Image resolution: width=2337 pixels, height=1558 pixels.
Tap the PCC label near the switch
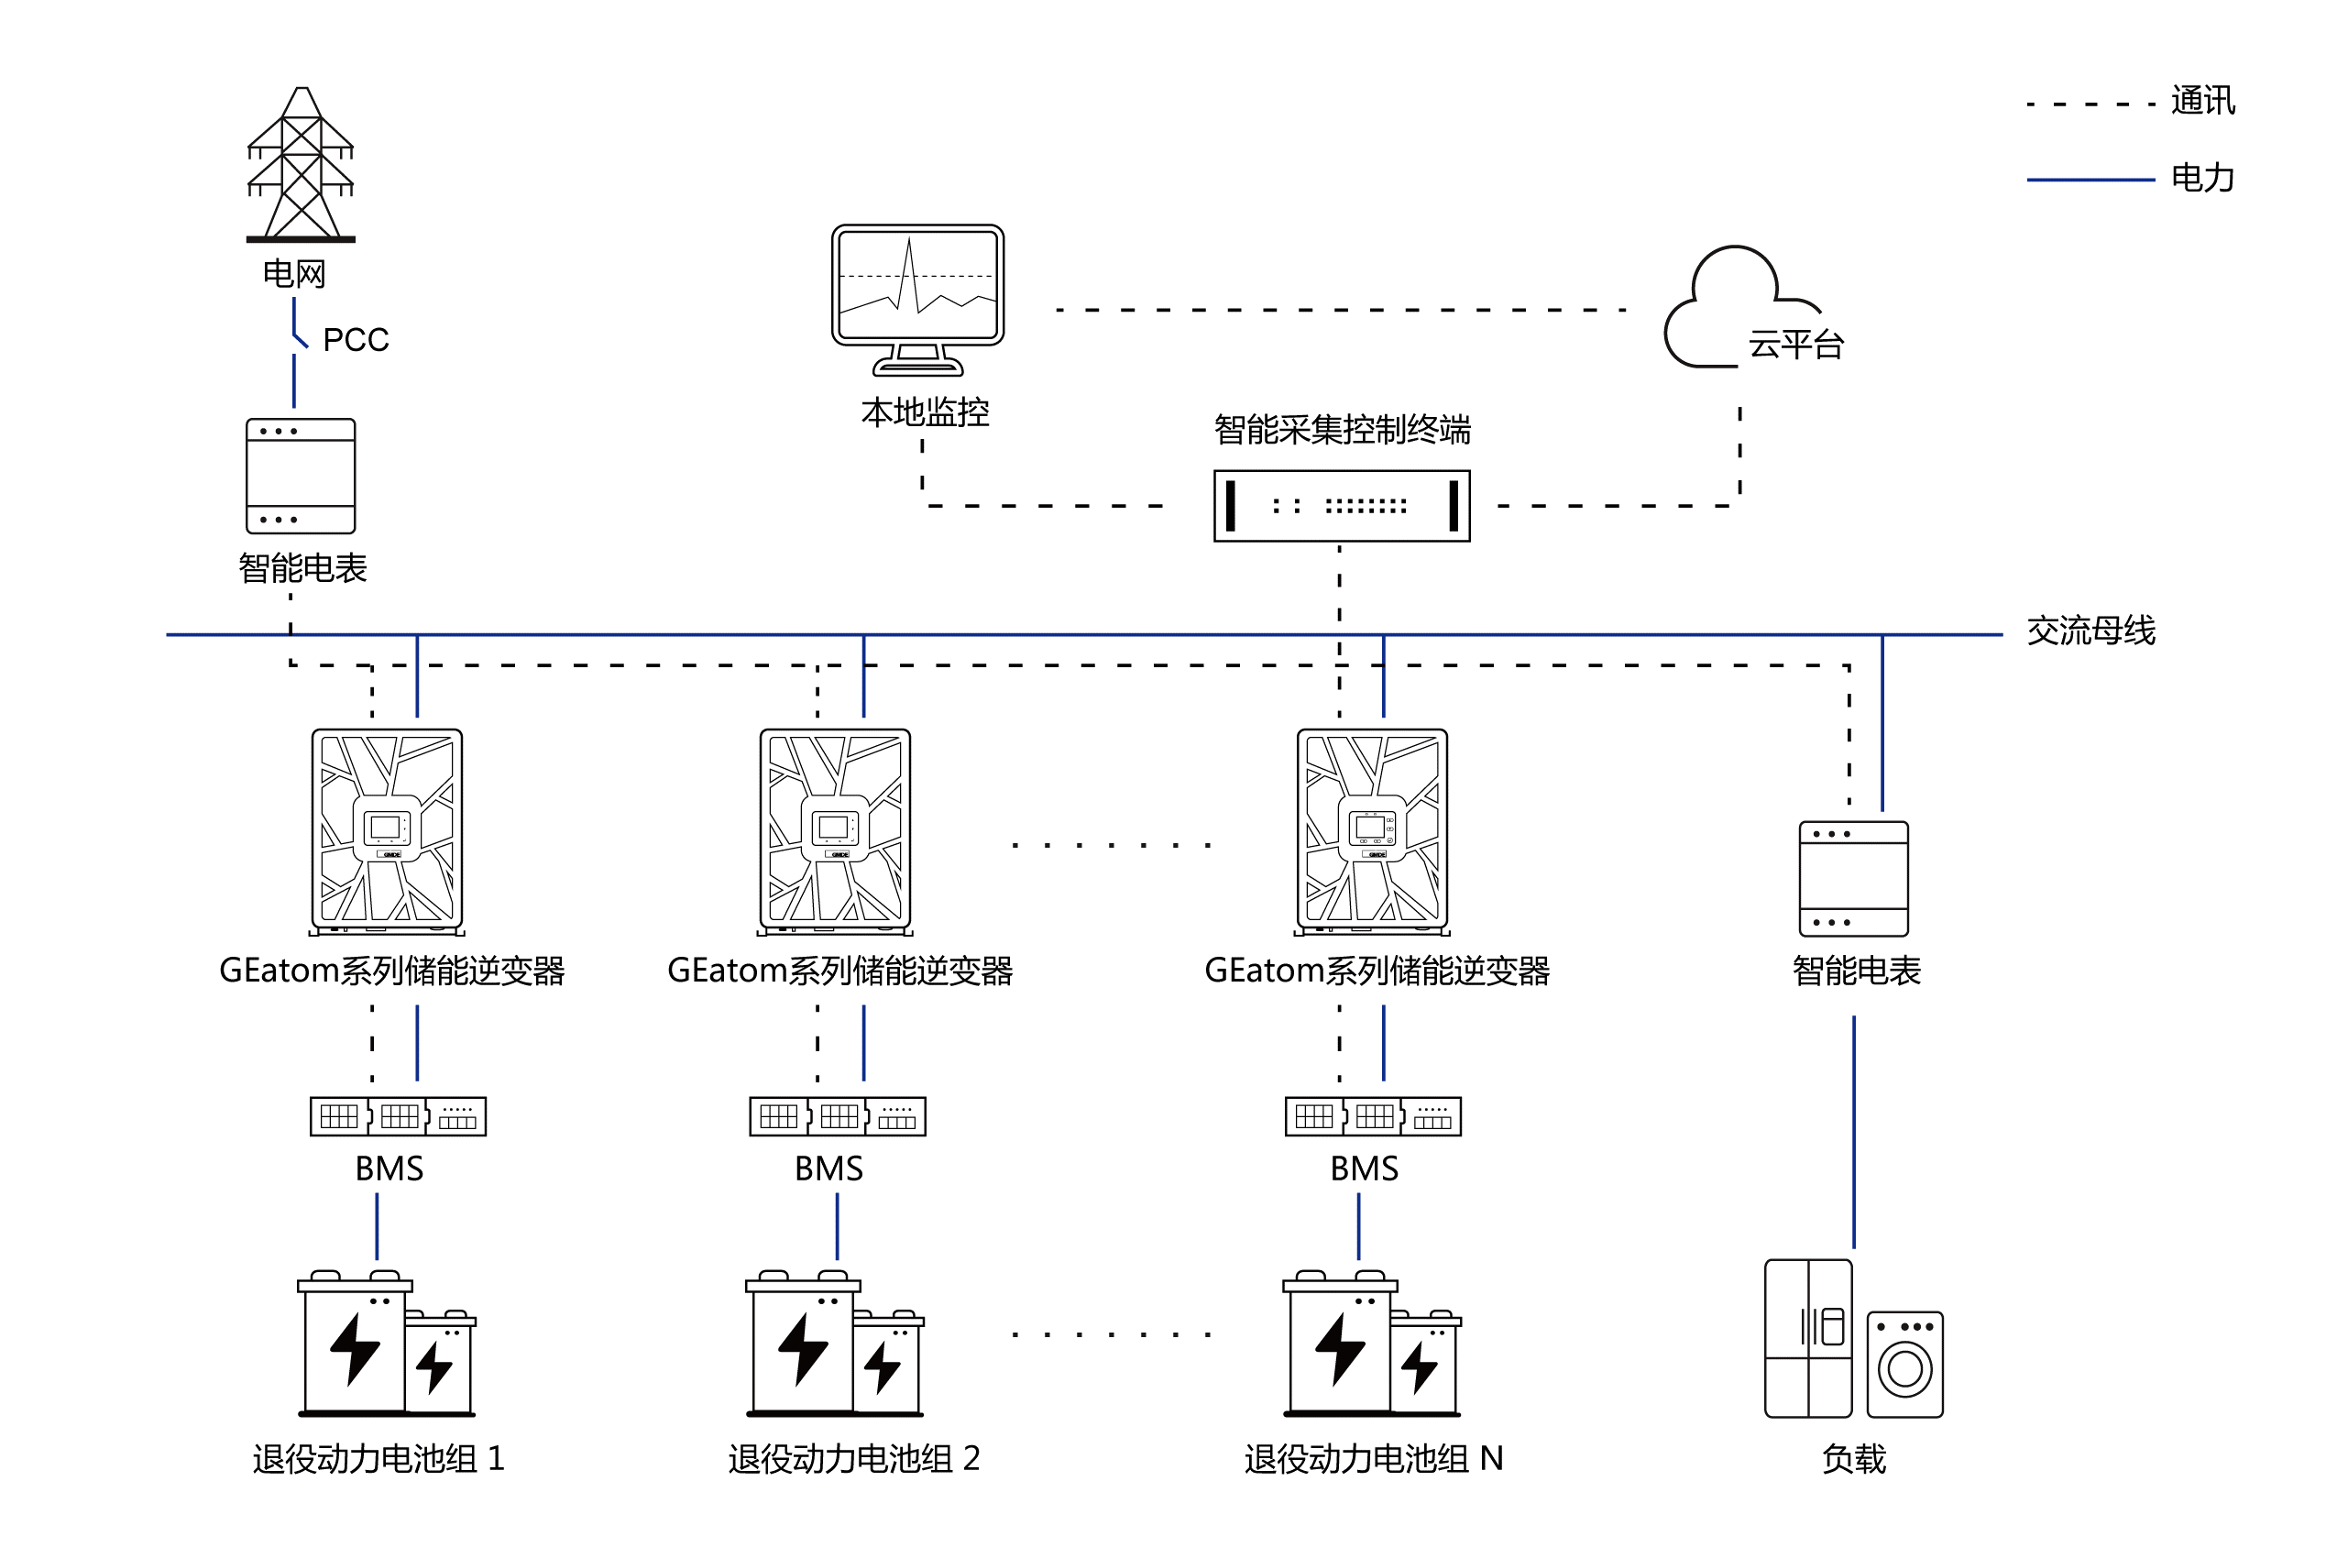pos(357,341)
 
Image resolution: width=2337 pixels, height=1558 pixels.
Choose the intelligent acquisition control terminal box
pos(1341,506)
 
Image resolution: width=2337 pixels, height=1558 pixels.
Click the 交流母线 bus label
pos(2090,631)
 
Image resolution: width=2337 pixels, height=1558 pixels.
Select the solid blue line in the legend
pos(2090,181)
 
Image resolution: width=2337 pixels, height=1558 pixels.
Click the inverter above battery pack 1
pos(387,828)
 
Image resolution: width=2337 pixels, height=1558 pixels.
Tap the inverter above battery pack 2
pos(835,828)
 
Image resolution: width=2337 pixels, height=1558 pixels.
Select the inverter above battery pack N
pos(1372,828)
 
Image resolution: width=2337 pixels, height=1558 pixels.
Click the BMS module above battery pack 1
pos(399,1117)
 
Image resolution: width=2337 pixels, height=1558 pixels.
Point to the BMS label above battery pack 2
pos(828,1168)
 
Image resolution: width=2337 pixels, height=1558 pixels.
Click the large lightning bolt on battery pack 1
pos(355,1348)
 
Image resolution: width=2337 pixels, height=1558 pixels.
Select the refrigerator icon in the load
pos(1807,1337)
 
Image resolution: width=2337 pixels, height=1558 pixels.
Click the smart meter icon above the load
pos(1853,878)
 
